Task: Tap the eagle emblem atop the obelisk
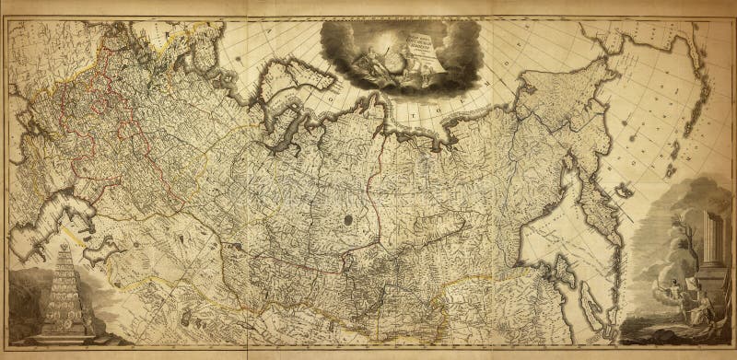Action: coord(64,251)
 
